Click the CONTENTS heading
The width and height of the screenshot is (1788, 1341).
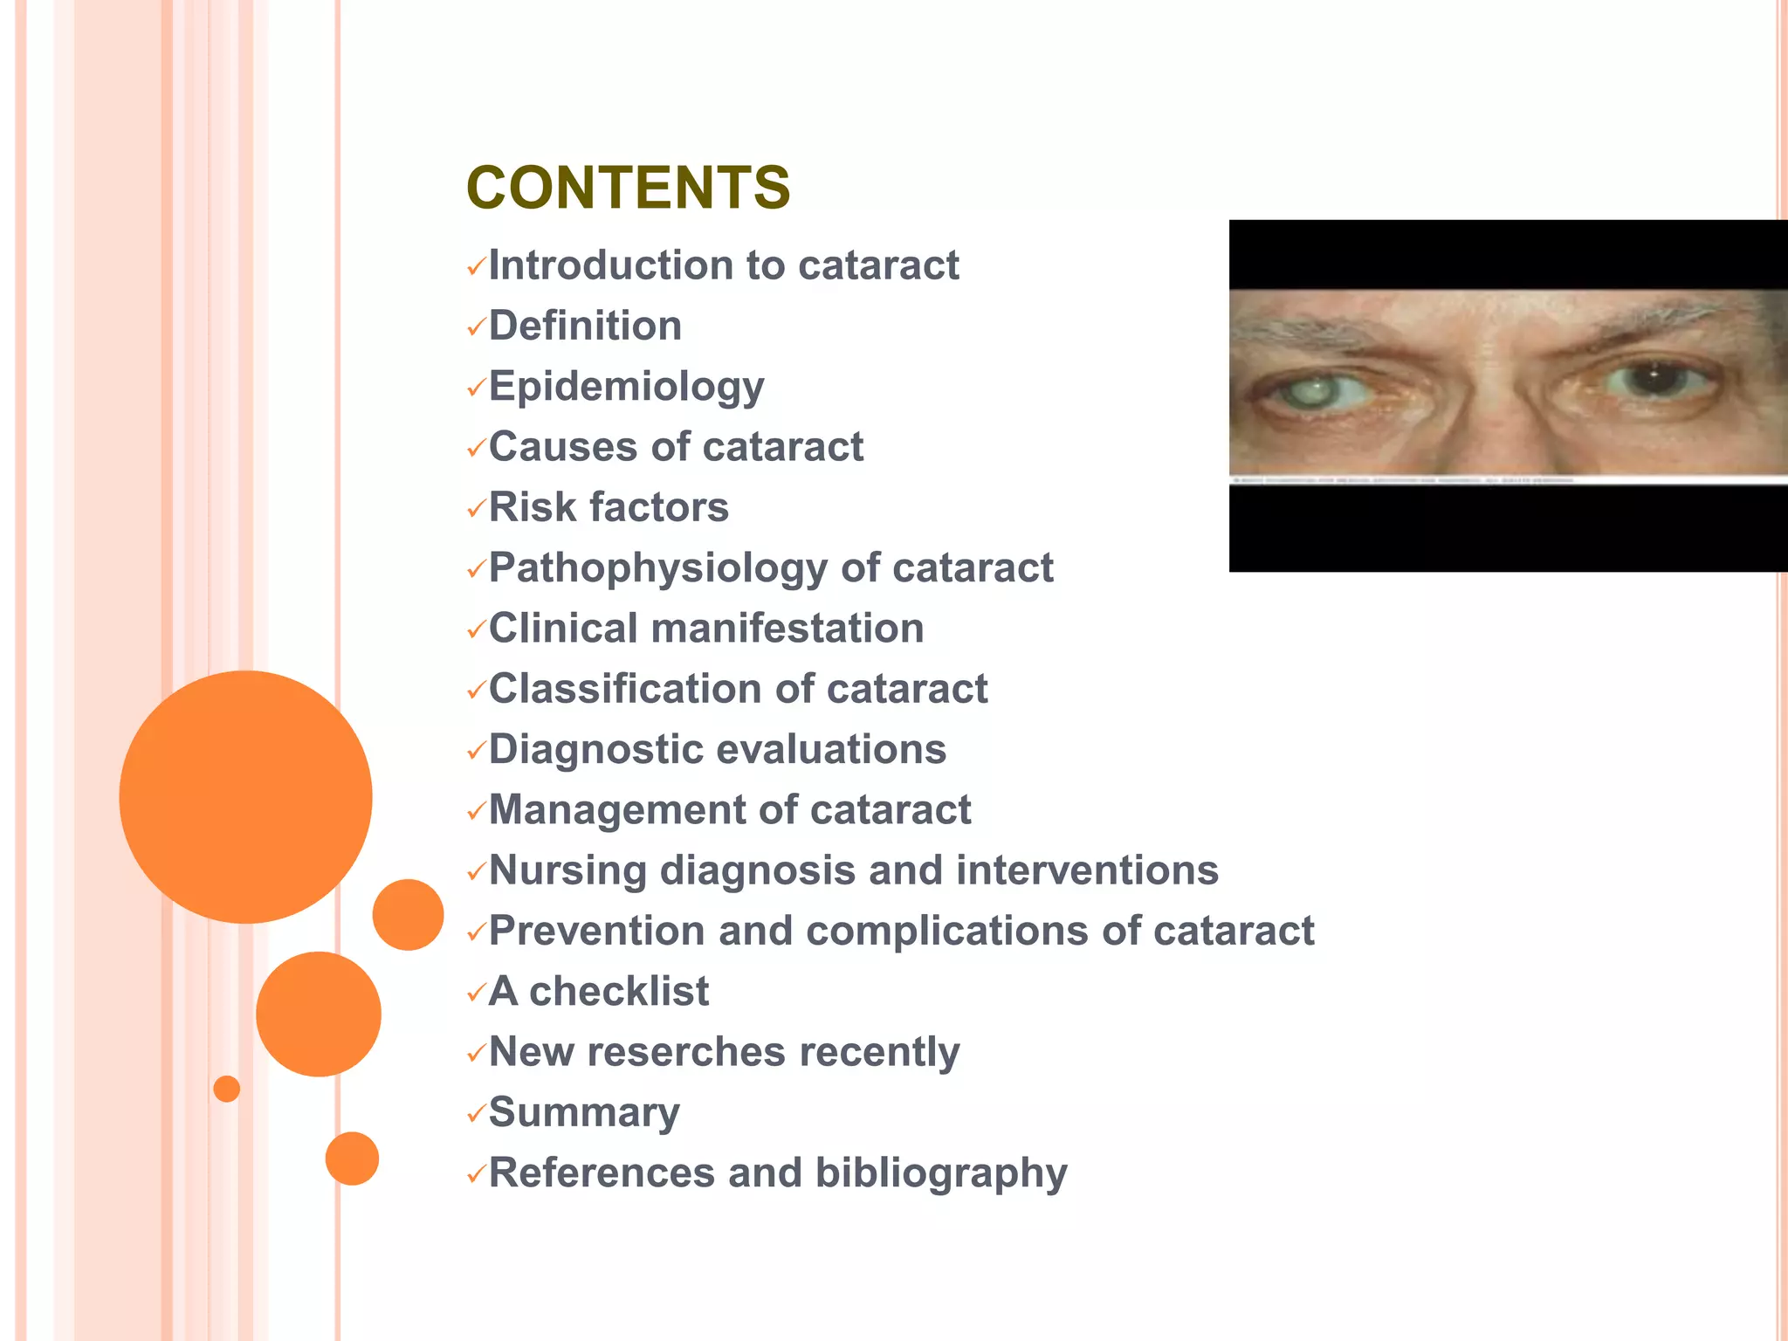(628, 188)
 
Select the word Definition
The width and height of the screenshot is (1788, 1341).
(585, 326)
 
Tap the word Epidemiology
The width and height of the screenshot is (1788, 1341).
(626, 387)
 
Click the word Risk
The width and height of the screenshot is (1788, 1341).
(526, 507)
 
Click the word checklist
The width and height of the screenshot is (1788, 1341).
(619, 991)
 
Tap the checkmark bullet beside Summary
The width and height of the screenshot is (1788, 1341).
(476, 1114)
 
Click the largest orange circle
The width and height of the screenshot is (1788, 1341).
(245, 796)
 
